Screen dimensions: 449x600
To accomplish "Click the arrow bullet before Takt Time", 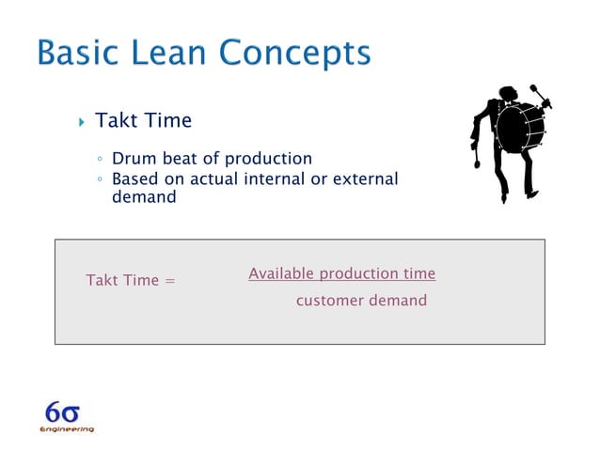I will click(81, 122).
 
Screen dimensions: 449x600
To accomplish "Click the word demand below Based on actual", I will click(144, 197).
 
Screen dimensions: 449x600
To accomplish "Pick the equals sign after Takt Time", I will click(169, 281).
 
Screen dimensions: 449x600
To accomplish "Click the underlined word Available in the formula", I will click(281, 273).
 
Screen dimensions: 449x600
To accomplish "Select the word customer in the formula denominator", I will click(330, 301).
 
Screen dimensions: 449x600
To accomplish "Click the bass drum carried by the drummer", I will click(520, 128).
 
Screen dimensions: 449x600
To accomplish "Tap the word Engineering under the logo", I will click(67, 429).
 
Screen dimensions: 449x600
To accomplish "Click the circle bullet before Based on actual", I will click(99, 178).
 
